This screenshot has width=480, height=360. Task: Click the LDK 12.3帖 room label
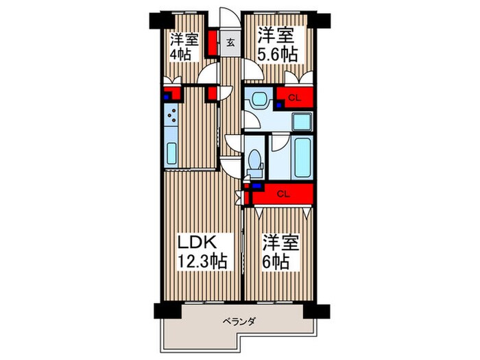203,252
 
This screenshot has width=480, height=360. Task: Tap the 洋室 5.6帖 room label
277,45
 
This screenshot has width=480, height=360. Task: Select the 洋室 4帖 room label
184,46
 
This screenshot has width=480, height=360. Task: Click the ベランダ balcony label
239,322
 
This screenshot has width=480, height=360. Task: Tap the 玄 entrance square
230,43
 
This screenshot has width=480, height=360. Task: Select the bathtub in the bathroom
303,157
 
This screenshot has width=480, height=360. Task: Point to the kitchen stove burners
171,115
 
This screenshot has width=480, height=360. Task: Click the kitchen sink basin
172,153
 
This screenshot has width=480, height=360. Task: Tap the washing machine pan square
302,122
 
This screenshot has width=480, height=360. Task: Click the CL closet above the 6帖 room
283,193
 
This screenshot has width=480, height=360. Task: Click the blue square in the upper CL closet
279,106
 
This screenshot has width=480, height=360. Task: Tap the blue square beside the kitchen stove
166,97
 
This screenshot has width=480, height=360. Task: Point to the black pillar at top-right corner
319,21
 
